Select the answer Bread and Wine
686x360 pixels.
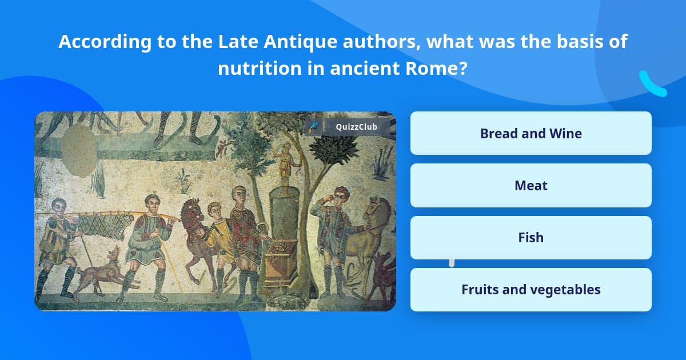531,133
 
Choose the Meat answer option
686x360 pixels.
531,185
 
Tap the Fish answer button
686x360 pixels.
531,237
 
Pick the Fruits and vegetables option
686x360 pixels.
531,290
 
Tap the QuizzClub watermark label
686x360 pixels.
355,127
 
